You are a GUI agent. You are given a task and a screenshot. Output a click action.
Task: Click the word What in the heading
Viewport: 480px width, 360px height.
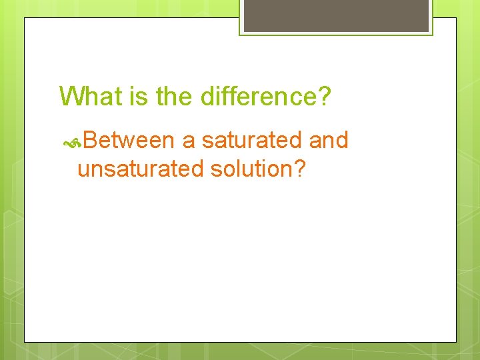pos(89,97)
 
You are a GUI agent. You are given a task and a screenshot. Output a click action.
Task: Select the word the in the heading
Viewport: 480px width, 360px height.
pos(173,97)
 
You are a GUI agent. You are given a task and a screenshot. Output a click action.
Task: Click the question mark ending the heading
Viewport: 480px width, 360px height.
pos(323,97)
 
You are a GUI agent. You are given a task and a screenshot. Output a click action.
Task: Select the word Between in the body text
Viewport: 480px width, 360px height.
pos(129,141)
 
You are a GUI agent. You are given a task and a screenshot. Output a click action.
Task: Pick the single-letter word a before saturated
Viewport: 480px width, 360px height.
pos(189,141)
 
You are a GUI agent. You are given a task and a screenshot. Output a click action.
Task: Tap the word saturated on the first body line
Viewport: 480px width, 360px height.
pos(253,141)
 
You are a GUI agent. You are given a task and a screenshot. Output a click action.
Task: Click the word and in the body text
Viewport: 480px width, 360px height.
pos(329,141)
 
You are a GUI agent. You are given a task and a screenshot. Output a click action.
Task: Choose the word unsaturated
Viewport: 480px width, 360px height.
pos(141,169)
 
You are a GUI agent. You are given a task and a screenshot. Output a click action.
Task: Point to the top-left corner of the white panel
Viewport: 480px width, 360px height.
pos(25,18)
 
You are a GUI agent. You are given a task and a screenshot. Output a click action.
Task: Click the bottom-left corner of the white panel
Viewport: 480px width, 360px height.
pos(25,342)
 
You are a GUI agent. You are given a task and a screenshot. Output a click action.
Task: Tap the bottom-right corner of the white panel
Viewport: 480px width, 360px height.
pos(456,342)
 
